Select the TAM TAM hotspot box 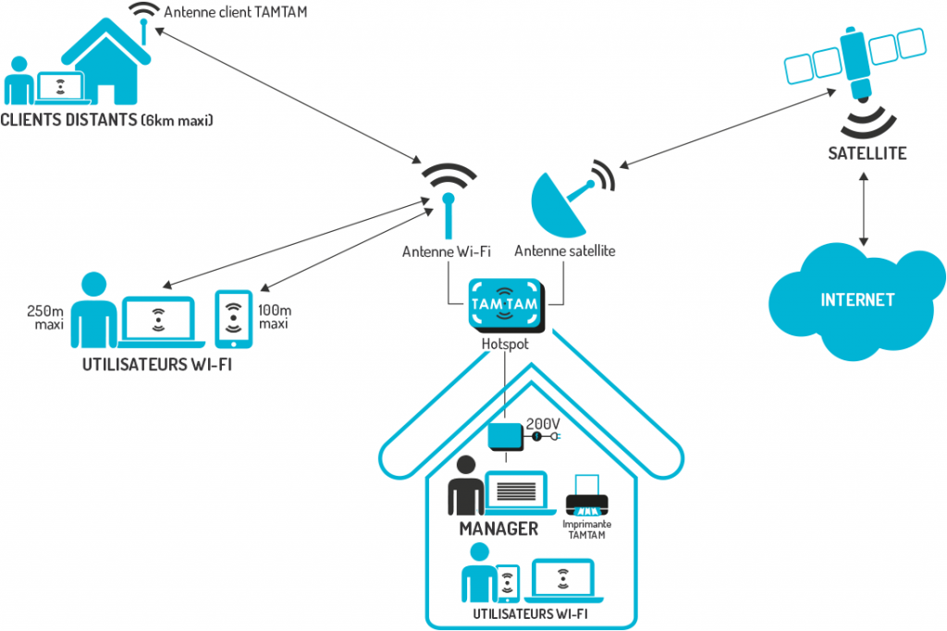coord(504,304)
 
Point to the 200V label coord(543,423)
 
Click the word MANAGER coord(498,528)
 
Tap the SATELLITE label coord(867,152)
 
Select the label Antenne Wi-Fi coord(447,250)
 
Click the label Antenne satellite coord(565,250)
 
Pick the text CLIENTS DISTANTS coord(69,120)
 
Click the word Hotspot coord(505,344)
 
